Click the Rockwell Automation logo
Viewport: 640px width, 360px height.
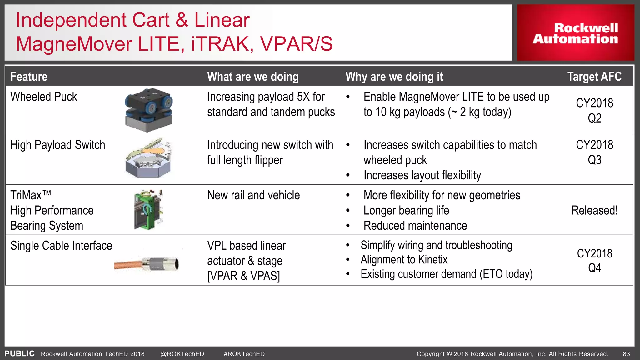point(575,33)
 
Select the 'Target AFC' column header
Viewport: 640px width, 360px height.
point(594,77)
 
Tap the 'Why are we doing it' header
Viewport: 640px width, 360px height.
point(394,77)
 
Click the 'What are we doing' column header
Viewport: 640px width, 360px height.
point(253,77)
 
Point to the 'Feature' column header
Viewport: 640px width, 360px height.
point(29,77)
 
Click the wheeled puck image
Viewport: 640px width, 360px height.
point(149,110)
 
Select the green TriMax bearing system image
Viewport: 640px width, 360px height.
point(148,209)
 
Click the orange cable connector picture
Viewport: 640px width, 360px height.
point(147,264)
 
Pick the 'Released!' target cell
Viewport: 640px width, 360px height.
point(594,210)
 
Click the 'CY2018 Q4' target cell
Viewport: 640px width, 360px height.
point(594,260)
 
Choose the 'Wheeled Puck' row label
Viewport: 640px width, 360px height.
point(43,97)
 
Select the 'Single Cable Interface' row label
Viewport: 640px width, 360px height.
point(61,246)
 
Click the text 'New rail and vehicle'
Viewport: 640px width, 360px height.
point(253,195)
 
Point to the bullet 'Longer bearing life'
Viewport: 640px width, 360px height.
point(406,211)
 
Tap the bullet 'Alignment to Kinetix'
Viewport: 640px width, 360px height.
point(404,260)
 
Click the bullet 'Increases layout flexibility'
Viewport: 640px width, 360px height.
point(422,175)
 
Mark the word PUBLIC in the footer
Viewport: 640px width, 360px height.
point(19,353)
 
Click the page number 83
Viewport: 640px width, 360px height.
point(626,354)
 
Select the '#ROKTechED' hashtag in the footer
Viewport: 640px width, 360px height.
point(244,354)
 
